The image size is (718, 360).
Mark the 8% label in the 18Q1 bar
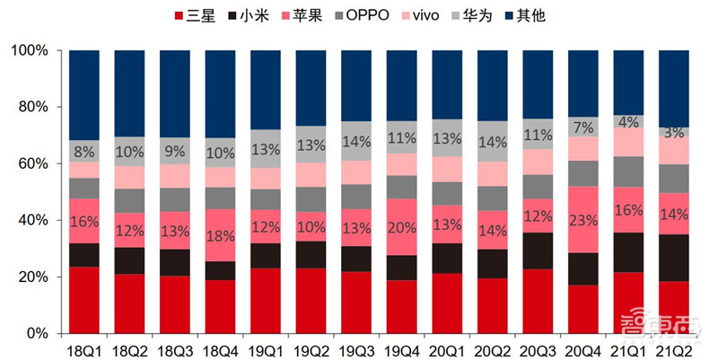point(84,151)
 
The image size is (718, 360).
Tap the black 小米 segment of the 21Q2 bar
point(675,258)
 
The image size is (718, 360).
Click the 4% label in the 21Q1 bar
point(629,121)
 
